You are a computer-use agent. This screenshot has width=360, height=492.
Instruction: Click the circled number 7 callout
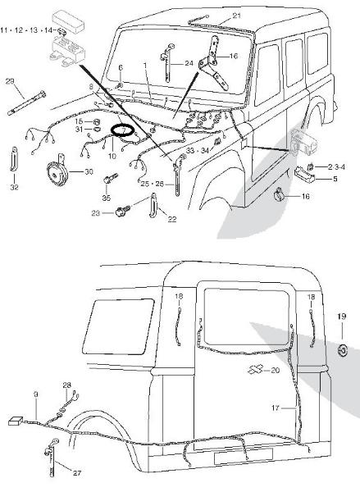tap(123, 130)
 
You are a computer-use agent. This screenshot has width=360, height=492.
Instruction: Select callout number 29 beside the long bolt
tap(10, 81)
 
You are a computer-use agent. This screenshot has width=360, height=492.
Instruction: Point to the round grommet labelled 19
tap(343, 350)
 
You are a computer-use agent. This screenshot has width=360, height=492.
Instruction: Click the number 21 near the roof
tap(237, 16)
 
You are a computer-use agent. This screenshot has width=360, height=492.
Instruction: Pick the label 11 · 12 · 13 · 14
tap(26, 30)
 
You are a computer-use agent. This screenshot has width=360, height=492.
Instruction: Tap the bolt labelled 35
tap(110, 179)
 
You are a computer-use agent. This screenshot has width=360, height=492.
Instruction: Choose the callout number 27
tap(77, 473)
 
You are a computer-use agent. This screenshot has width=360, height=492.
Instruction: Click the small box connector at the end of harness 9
tap(16, 421)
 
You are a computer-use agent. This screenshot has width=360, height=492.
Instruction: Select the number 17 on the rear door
tap(276, 408)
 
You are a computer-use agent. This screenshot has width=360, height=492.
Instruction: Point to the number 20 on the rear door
tap(276, 371)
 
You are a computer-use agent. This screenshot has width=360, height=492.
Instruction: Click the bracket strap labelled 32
tap(14, 159)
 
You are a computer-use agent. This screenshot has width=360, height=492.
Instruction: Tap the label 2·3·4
tap(336, 167)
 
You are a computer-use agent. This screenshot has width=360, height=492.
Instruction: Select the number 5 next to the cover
tap(335, 179)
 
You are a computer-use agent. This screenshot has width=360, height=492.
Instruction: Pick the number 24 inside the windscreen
tap(189, 64)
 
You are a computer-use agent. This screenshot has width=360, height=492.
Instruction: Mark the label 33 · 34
tap(198, 151)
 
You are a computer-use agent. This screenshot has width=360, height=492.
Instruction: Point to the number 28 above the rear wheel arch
tap(67, 385)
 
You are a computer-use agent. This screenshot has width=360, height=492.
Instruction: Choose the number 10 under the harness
tap(112, 156)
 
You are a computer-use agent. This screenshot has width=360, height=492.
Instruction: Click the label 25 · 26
tap(153, 184)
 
